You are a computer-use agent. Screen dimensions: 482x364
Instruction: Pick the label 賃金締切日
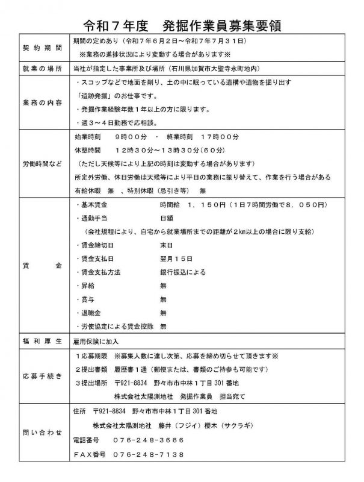98,246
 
